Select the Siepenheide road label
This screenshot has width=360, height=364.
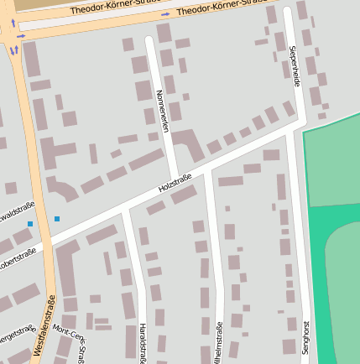295,67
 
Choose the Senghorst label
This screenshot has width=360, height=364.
306,338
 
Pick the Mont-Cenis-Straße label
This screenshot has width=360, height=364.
70,339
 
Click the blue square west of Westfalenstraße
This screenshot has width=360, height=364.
30,224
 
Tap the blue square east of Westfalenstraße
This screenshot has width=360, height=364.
57,219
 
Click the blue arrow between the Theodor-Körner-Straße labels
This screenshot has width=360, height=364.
165,14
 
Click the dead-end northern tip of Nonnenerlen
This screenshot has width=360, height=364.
149,39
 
